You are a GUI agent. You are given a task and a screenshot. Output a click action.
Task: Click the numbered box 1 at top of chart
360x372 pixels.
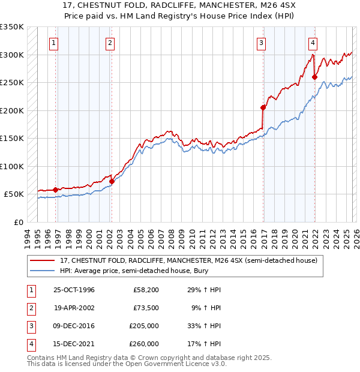55,43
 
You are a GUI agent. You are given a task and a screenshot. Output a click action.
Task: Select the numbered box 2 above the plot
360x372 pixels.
110,43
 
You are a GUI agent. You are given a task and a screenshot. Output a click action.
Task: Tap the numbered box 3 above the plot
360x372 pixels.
262,43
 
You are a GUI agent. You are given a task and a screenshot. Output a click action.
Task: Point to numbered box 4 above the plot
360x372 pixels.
313,43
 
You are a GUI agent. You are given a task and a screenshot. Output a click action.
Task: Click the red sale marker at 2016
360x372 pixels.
263,108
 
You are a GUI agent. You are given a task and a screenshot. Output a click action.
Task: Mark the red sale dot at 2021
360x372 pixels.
315,77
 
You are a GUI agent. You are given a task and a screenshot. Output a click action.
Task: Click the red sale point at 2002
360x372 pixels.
112,181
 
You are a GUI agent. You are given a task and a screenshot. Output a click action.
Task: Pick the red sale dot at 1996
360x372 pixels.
56,190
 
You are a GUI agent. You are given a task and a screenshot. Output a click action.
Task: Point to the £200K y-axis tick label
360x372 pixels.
11,110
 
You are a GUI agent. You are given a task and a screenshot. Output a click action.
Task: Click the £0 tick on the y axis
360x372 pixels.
17,222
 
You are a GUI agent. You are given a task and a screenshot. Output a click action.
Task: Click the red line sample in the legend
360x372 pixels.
43,260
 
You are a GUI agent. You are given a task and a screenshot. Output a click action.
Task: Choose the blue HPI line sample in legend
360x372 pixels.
43,271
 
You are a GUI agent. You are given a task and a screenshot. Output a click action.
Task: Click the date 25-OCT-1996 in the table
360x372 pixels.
74,290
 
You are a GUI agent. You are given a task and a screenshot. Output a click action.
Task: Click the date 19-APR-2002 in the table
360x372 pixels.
74,308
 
